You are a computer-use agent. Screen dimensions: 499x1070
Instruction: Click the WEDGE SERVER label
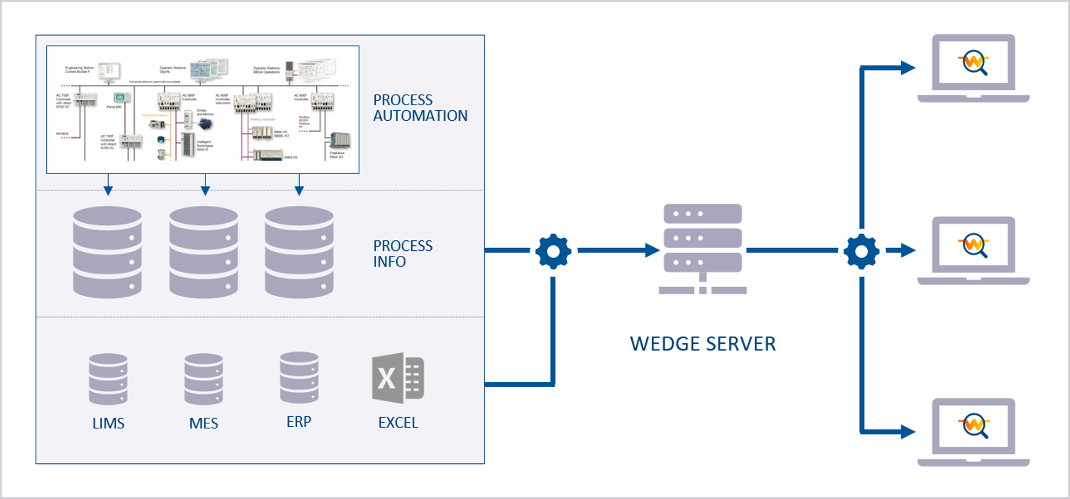tap(702, 344)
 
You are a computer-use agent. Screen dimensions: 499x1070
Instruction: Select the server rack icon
tap(702, 248)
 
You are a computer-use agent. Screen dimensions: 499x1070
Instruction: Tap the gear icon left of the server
tap(553, 251)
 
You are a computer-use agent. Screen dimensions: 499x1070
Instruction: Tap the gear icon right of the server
tap(861, 251)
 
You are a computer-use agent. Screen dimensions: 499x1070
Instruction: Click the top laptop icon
tap(973, 68)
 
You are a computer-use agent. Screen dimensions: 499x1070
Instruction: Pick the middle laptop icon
tap(973, 250)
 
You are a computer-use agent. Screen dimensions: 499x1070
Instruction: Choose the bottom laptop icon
tap(973, 432)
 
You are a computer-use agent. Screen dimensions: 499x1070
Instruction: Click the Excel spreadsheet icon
tap(398, 378)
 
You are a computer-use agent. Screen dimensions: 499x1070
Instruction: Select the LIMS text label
tap(108, 423)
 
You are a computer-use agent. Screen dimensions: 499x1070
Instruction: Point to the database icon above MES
tap(203, 379)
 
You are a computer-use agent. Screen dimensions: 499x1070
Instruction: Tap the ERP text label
tap(299, 422)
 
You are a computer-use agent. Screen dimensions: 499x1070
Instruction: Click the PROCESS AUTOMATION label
tap(420, 108)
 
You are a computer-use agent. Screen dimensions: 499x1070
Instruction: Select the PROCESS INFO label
tap(402, 254)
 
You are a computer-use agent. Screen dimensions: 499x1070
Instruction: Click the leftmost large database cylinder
tap(107, 252)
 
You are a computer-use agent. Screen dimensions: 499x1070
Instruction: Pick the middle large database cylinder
tap(203, 252)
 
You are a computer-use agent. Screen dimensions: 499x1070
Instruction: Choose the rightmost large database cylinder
tap(299, 252)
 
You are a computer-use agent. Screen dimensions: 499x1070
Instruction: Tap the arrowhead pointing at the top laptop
tap(908, 68)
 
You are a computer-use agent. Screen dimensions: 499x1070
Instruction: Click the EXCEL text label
tap(398, 423)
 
